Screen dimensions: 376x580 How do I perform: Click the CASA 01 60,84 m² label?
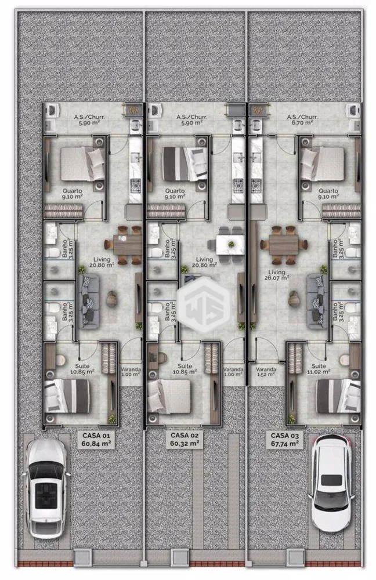(x=96, y=440)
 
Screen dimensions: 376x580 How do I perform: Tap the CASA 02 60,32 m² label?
(x=185, y=439)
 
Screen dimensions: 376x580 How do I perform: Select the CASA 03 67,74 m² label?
(x=284, y=440)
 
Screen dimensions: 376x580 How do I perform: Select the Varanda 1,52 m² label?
(x=266, y=371)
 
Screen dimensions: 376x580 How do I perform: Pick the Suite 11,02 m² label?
(x=319, y=369)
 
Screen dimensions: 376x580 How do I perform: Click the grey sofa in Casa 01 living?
(x=88, y=301)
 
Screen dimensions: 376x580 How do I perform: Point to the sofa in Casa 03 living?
(x=317, y=302)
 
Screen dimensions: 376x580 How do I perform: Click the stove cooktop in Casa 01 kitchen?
(x=136, y=184)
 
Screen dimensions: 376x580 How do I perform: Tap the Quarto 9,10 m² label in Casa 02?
(x=175, y=194)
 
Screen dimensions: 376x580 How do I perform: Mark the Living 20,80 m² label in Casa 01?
(x=102, y=262)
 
